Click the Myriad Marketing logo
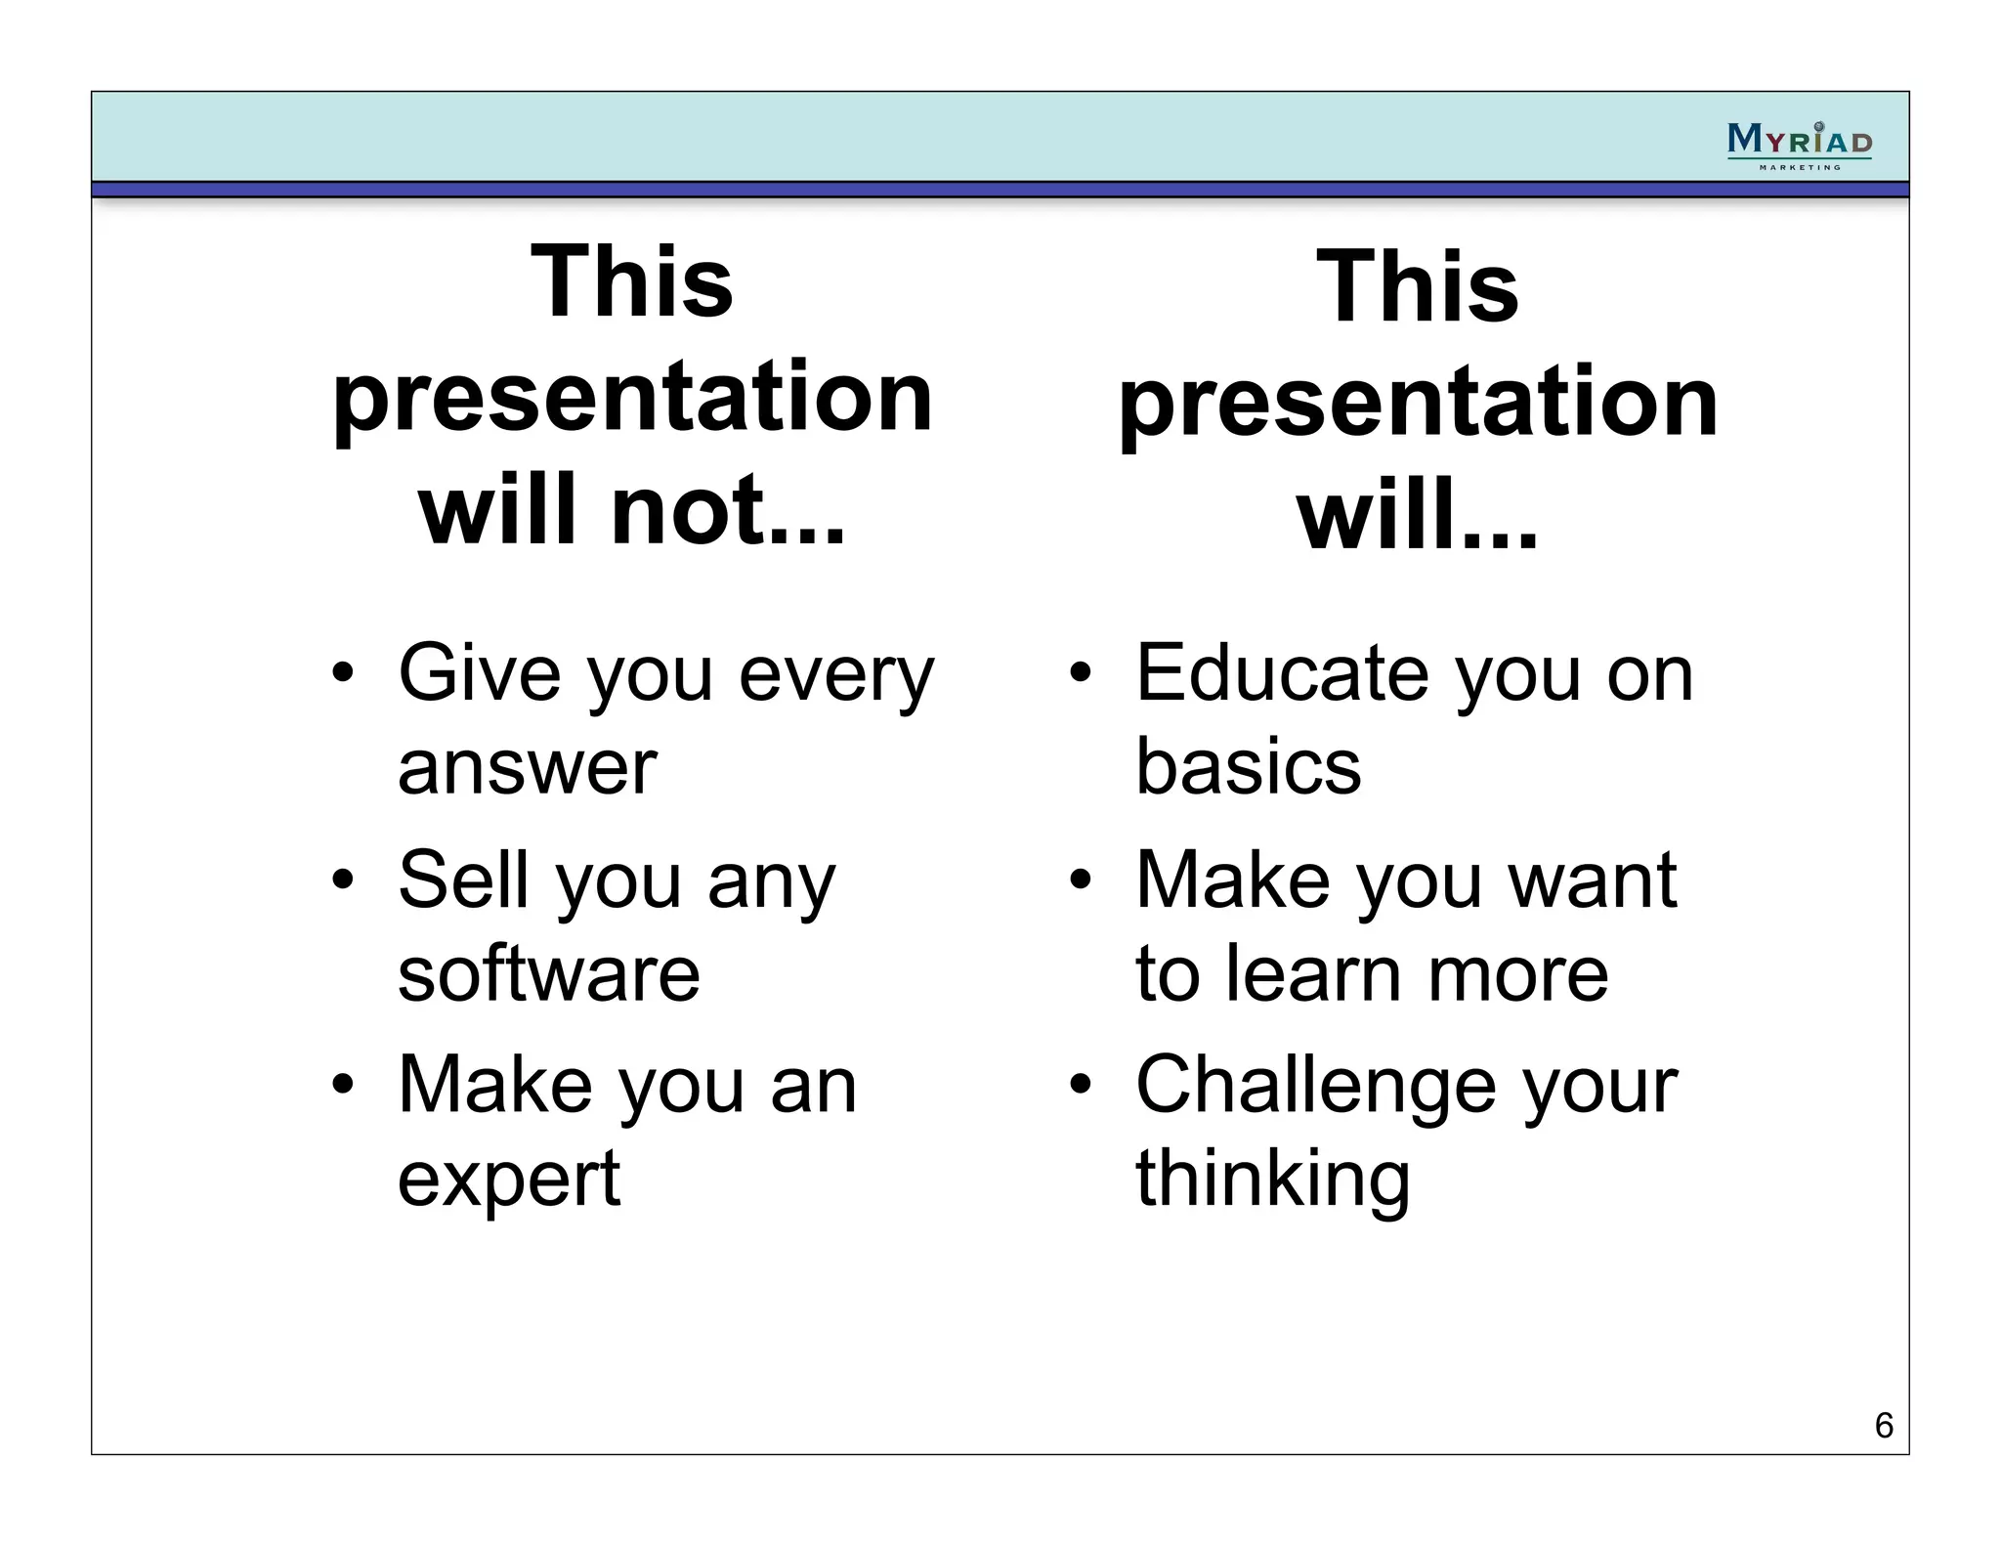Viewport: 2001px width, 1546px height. [x=1799, y=145]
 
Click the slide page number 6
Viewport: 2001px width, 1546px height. [x=1884, y=1426]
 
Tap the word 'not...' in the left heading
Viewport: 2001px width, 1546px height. [x=727, y=510]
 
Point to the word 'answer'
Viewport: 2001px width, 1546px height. [x=527, y=767]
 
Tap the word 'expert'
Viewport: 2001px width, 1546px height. [x=508, y=1179]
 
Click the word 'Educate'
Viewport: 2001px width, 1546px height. [x=1282, y=673]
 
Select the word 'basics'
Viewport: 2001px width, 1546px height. [x=1248, y=767]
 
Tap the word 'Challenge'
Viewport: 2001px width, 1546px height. [x=1315, y=1085]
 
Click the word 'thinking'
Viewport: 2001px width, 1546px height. [x=1272, y=1179]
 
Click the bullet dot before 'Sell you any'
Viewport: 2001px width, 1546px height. [x=341, y=880]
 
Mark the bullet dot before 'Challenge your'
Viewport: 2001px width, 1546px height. [x=1079, y=1086]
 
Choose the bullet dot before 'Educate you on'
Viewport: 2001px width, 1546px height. [x=1079, y=673]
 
